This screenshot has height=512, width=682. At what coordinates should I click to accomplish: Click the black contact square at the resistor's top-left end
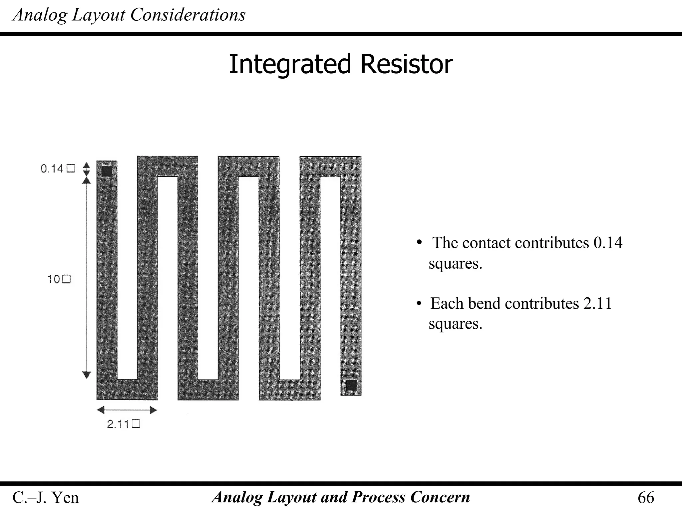107,171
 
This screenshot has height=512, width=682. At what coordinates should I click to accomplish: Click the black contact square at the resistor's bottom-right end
351,385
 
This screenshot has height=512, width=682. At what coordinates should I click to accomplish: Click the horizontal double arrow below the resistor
127,410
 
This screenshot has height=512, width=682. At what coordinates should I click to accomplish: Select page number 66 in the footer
646,498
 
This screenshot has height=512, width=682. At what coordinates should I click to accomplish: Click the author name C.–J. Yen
46,498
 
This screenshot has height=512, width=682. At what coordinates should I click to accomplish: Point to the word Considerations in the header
188,15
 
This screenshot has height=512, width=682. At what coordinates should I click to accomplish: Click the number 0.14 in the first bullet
608,243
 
